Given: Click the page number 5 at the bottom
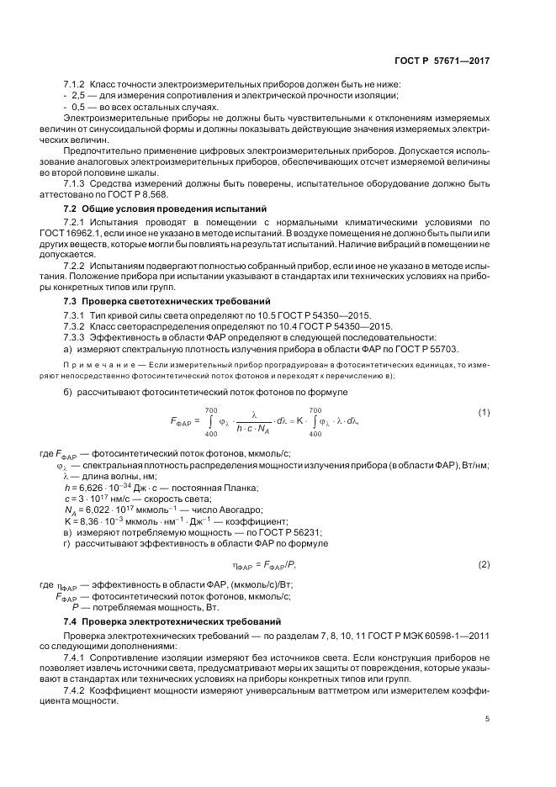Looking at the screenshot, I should (487, 719).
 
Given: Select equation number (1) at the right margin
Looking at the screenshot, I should (484, 412).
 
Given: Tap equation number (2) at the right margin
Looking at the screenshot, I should (484, 564).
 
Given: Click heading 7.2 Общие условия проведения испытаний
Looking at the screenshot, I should (165, 208).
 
